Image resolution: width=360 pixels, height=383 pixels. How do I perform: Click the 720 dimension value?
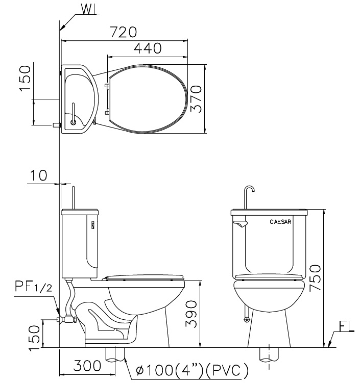(123, 32)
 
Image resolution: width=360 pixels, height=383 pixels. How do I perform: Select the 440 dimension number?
(148, 48)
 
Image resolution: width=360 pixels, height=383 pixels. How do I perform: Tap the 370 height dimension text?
(196, 98)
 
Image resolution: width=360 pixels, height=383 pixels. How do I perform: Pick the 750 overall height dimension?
(315, 278)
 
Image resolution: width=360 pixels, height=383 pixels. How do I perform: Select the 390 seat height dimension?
(191, 314)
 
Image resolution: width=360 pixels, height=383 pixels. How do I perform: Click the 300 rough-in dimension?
(87, 366)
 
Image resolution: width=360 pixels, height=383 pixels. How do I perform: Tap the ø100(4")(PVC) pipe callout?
(192, 370)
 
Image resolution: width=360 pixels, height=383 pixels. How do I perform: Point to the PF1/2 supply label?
(34, 286)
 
